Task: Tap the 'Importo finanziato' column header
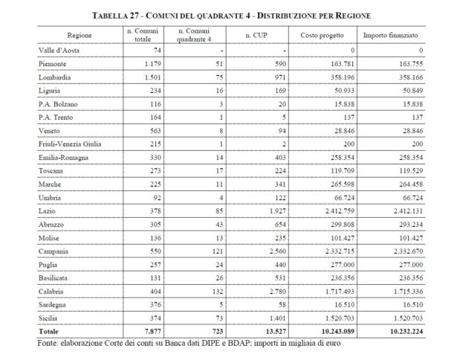390,35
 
